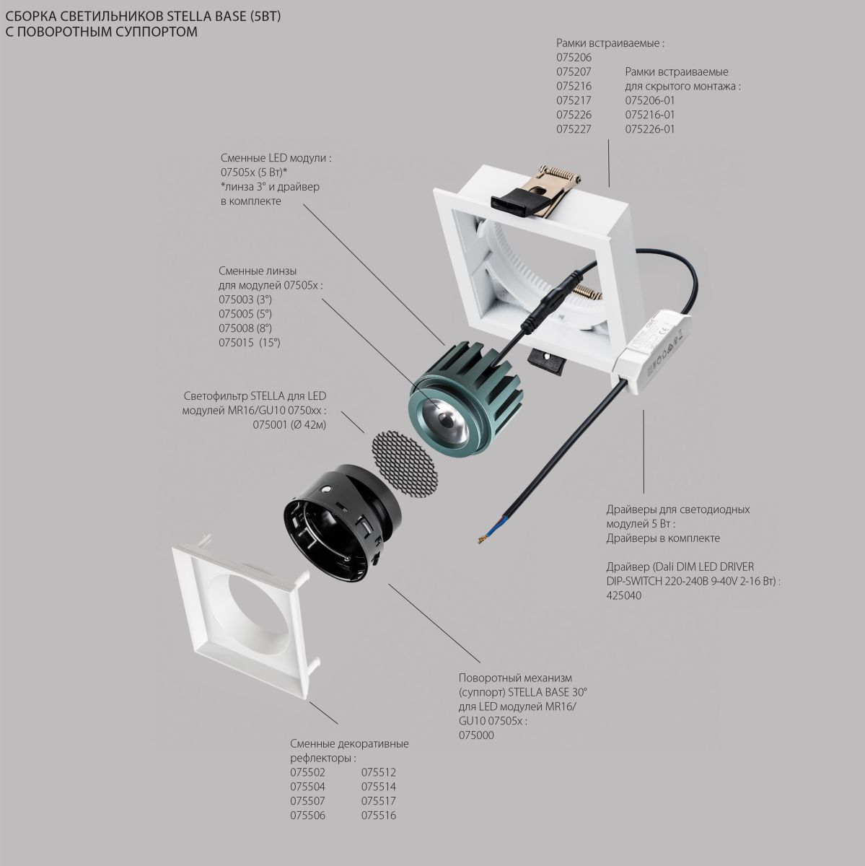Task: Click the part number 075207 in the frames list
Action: point(574,72)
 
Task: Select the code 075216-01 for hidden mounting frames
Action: point(650,115)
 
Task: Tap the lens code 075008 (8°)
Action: point(245,328)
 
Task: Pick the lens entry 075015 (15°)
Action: point(249,343)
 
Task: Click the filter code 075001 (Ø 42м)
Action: point(289,425)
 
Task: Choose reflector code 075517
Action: point(379,801)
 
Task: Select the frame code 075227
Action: point(574,129)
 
